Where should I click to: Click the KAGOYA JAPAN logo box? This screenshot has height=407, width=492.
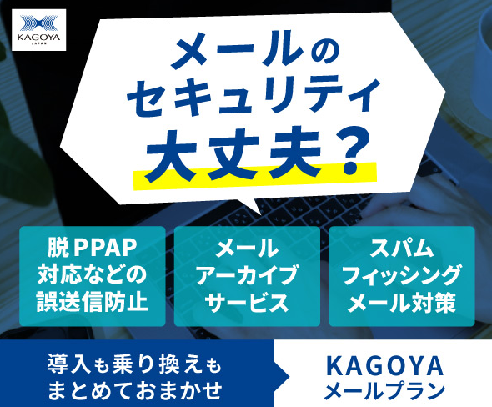click(39, 30)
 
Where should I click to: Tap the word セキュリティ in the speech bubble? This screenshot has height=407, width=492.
click(253, 95)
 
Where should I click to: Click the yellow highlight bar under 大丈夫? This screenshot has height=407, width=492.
click(255, 176)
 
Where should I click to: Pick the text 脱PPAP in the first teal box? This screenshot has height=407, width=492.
click(93, 248)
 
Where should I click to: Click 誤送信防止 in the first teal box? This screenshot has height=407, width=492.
click(93, 302)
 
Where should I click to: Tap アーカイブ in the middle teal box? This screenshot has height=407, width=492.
click(247, 275)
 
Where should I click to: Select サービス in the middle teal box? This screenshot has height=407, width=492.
click(247, 303)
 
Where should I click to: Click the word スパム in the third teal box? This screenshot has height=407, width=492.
click(402, 248)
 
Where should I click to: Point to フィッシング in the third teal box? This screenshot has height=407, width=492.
click(402, 275)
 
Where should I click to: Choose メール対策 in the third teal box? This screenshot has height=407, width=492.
click(402, 303)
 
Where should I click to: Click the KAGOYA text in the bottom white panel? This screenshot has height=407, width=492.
click(384, 366)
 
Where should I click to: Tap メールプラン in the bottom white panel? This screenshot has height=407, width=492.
click(384, 390)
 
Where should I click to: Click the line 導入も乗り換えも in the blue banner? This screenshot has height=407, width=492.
click(134, 364)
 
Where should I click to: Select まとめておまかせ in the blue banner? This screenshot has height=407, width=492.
click(134, 389)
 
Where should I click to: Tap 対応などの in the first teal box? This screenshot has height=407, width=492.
click(93, 275)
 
